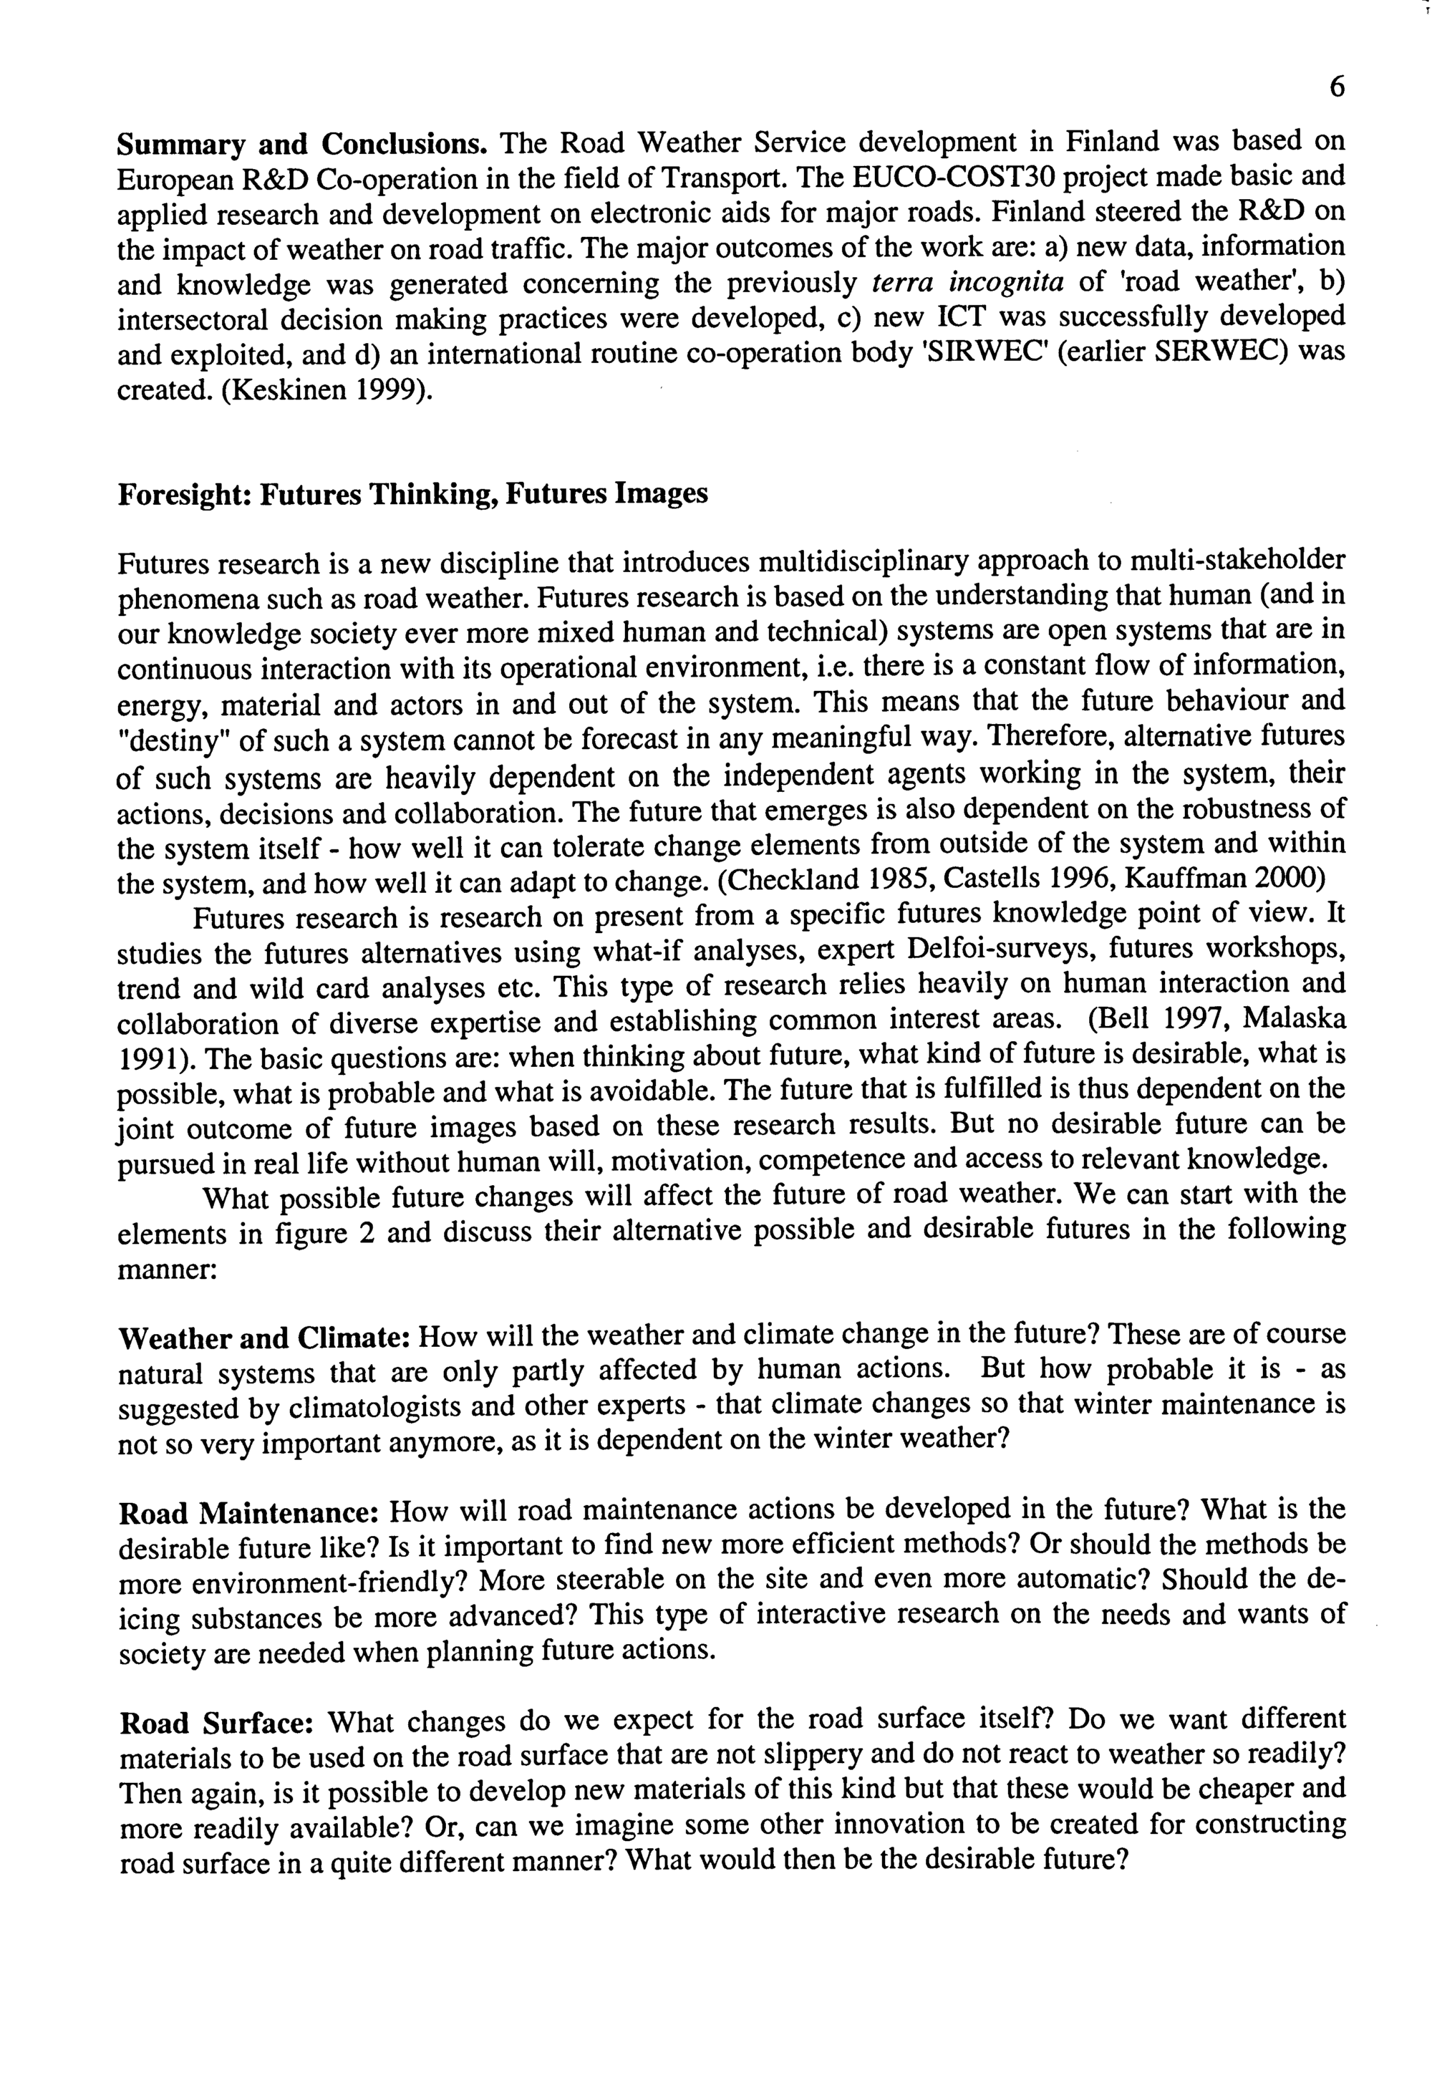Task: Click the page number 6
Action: [x=1337, y=87]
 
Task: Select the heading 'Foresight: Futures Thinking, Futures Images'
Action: [x=412, y=494]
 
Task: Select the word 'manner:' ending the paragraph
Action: [x=166, y=1270]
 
